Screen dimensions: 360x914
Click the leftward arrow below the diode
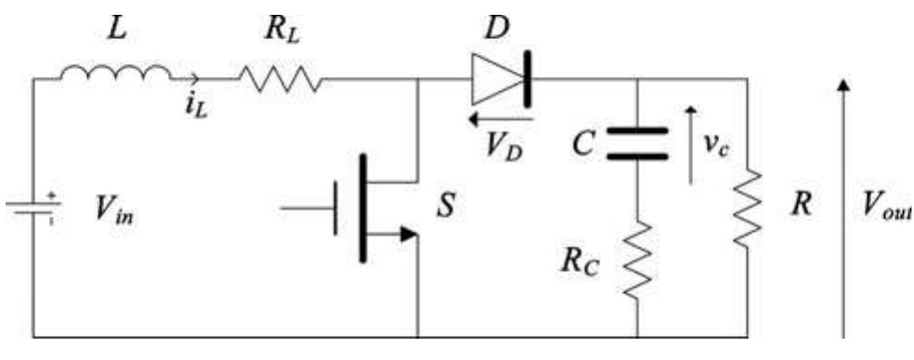[500, 119]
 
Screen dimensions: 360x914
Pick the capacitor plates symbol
[637, 144]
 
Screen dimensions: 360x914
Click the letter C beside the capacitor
[585, 145]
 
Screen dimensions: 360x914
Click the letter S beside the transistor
[446, 206]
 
